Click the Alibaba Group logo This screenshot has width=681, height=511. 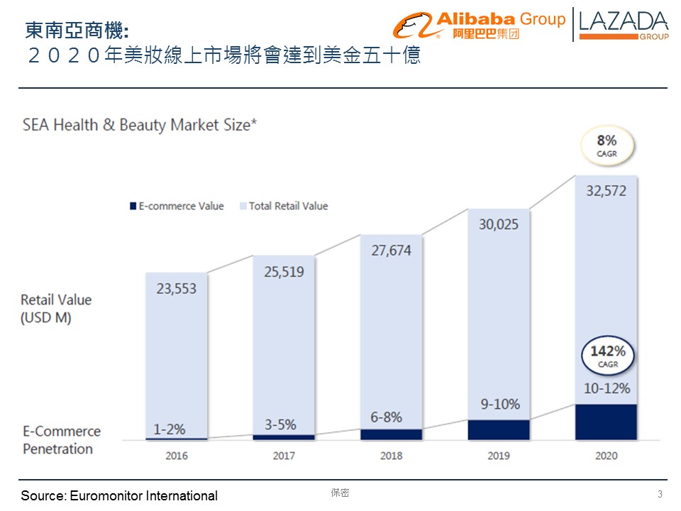pos(479,25)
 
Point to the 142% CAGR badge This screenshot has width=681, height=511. pos(607,356)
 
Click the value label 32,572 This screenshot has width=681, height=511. pos(607,190)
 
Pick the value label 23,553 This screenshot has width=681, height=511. pos(177,289)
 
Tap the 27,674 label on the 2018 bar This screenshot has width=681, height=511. pos(391,251)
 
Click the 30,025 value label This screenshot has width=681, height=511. pos(498,224)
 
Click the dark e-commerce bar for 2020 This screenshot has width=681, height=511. pos(607,422)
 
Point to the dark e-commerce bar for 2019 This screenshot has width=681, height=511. pos(499,429)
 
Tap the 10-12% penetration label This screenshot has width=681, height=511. pos(607,389)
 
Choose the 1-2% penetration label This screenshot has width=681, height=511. pos(170,429)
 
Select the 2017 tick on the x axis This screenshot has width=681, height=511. pos(284,455)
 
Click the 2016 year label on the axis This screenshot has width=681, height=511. pos(177,455)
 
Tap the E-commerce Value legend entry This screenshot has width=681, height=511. pos(176,206)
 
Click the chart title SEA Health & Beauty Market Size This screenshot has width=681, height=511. pos(140,125)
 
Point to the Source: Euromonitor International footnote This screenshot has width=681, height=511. pos(119,495)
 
